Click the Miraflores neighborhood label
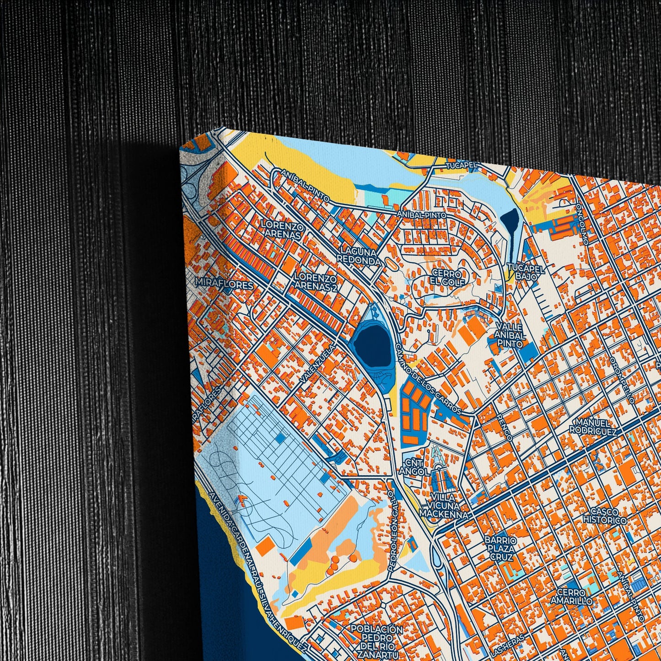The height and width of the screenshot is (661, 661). click(x=224, y=285)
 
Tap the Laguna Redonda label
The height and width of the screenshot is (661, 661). click(x=359, y=256)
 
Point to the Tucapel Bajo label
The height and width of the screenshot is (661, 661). click(x=527, y=273)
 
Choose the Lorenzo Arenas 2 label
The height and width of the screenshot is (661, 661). click(x=316, y=283)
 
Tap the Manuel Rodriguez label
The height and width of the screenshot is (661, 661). click(x=593, y=426)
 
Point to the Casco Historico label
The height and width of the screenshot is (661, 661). click(x=604, y=516)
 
